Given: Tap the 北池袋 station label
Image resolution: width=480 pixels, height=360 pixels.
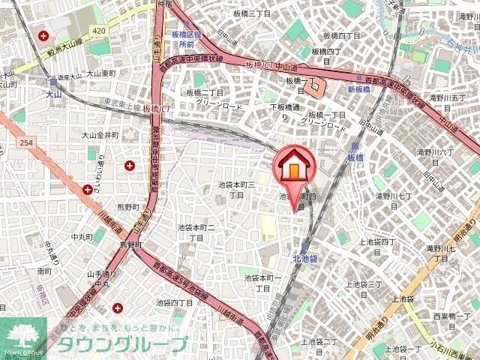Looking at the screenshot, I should point(305,257).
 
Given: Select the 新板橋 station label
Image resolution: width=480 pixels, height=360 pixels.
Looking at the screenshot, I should point(360,88).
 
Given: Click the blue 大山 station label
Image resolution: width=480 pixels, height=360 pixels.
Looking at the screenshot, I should point(52,94).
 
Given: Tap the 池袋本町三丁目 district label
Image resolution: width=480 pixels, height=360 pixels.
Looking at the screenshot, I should point(236,189).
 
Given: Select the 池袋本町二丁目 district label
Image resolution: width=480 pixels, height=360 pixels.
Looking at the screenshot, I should point(196,232).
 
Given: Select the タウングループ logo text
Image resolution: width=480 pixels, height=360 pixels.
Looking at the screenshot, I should point(123,344).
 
